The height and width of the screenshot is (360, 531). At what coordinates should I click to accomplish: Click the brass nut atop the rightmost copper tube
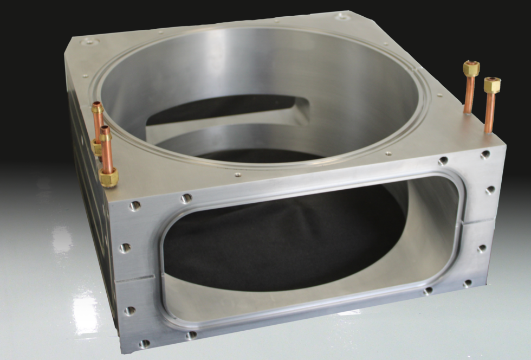click(x=492, y=86)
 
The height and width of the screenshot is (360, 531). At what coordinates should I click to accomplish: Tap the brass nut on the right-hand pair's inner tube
click(x=471, y=69)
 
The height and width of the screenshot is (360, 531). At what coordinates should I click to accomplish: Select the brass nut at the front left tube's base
click(x=108, y=177)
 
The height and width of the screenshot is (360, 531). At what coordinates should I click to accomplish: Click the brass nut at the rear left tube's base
click(x=97, y=146)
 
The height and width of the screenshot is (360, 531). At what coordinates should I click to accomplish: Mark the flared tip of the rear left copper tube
click(x=98, y=107)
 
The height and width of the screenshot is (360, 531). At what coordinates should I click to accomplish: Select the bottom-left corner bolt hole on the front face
click(x=144, y=344)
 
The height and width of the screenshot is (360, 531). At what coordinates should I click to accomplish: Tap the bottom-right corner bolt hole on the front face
click(x=468, y=283)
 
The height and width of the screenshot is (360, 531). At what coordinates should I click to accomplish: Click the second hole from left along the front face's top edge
click(x=186, y=198)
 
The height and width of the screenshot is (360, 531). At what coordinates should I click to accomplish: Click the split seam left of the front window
click(x=135, y=280)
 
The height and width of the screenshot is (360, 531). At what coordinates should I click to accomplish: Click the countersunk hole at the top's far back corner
click(x=342, y=17)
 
